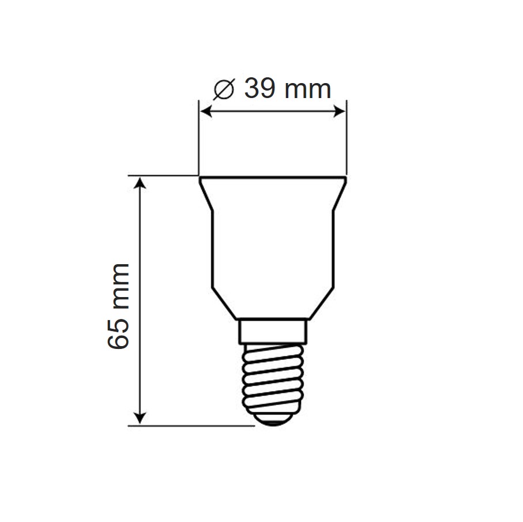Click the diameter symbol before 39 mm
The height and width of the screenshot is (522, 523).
click(x=224, y=89)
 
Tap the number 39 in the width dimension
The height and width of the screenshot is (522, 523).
click(x=260, y=88)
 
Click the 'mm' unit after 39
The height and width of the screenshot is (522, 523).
click(x=307, y=90)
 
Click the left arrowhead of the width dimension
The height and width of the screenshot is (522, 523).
click(x=206, y=111)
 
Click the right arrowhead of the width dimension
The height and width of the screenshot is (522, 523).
click(x=339, y=111)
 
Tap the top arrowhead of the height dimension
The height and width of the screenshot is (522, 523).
click(x=140, y=183)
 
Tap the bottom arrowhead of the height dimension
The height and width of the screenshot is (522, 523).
click(x=140, y=418)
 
